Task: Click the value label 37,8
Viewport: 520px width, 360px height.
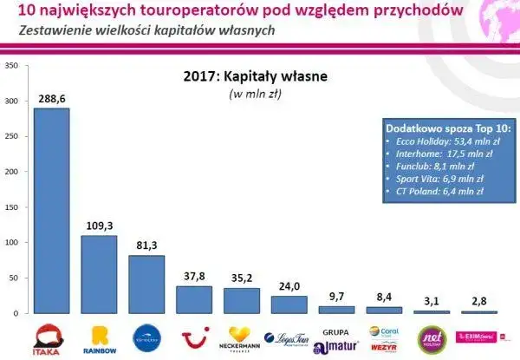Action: [x=194, y=277]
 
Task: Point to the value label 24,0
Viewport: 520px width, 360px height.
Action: [x=289, y=286]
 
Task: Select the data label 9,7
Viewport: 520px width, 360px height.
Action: [x=336, y=297]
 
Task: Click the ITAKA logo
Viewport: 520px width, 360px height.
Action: [x=51, y=337]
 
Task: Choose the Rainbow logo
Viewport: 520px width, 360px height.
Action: [x=98, y=337]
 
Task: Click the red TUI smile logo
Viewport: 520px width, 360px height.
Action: [x=194, y=336]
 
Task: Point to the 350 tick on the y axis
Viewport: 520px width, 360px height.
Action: [x=10, y=65]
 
